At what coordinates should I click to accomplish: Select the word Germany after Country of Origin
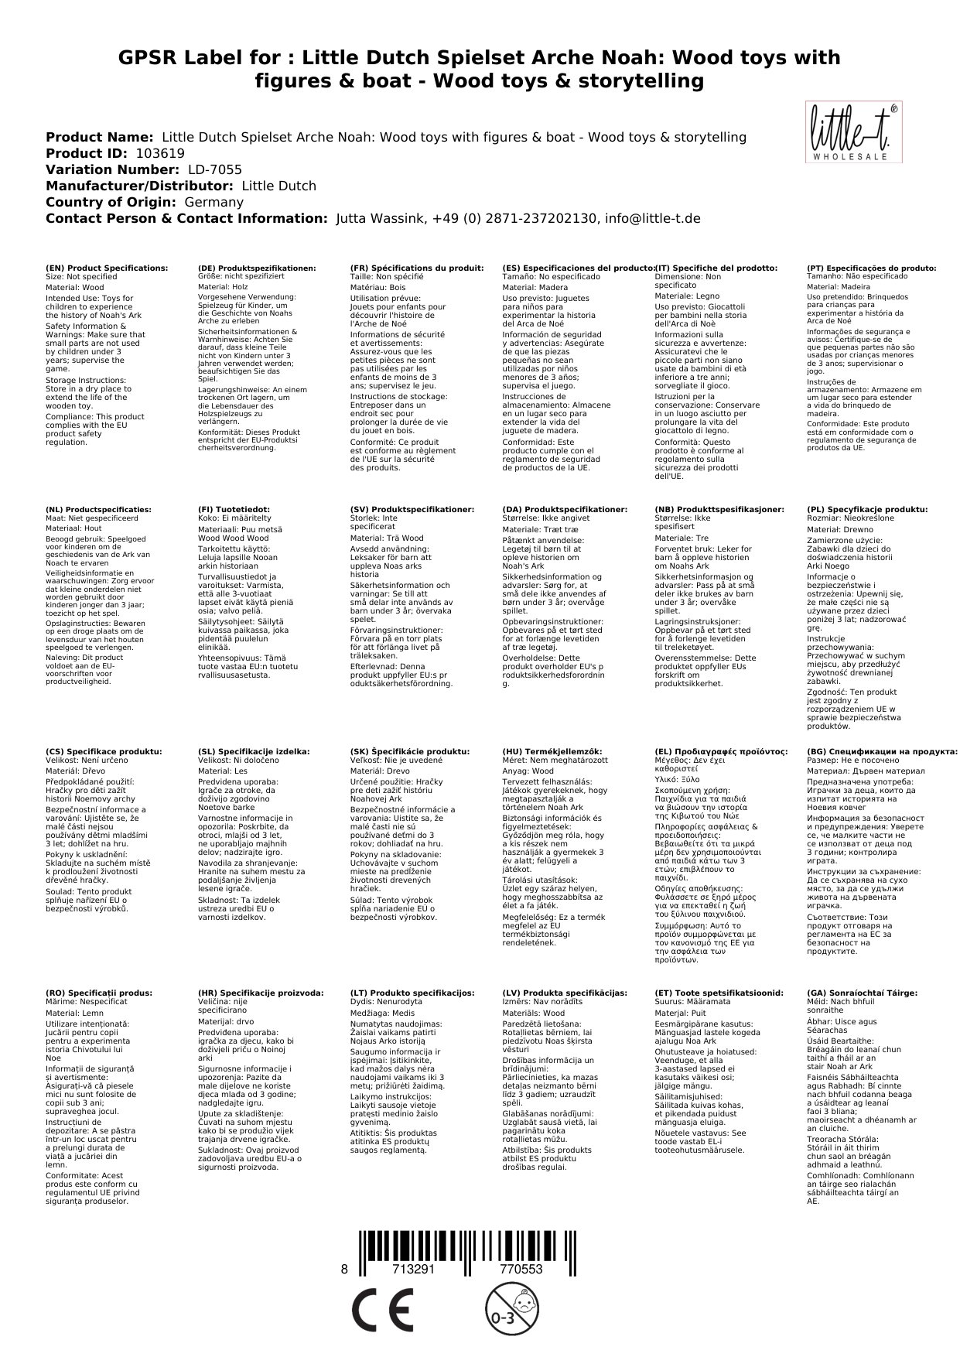[214, 202]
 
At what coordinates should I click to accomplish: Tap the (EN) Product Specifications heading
[107, 268]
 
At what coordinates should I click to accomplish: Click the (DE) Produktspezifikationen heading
[257, 268]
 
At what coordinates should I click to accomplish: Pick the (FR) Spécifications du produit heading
[417, 268]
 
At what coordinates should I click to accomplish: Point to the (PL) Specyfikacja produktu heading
[867, 510]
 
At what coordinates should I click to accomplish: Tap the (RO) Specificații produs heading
[99, 993]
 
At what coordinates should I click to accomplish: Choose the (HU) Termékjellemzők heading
[552, 751]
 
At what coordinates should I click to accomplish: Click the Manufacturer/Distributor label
[139, 186]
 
